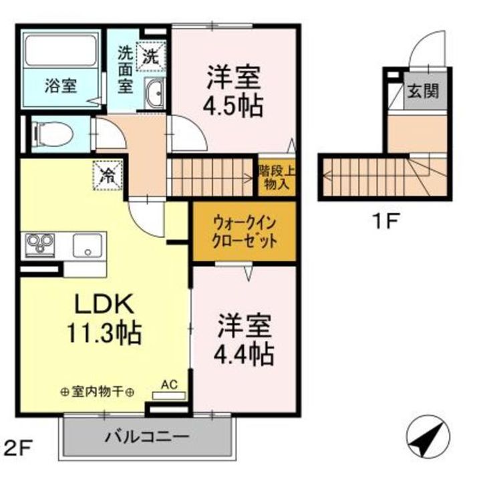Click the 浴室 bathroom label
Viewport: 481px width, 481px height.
61,86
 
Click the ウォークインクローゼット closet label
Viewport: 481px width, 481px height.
245,232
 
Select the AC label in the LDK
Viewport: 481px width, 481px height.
168,384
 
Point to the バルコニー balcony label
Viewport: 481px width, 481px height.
147,438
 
